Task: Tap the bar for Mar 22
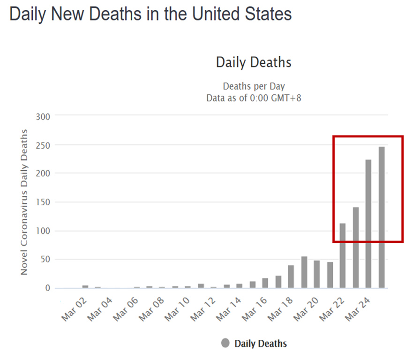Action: pyautogui.click(x=343, y=255)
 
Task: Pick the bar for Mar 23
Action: pyautogui.click(x=356, y=247)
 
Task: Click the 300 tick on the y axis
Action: pyautogui.click(x=43, y=115)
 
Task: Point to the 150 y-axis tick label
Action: pyautogui.click(x=43, y=202)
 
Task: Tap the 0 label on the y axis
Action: pyautogui.click(x=47, y=288)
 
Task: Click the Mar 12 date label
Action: pyautogui.click(x=203, y=310)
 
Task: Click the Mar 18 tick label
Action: pyautogui.click(x=280, y=310)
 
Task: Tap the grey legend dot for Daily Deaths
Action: pyautogui.click(x=225, y=344)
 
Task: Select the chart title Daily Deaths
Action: pyautogui.click(x=254, y=62)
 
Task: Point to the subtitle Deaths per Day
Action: pyautogui.click(x=254, y=86)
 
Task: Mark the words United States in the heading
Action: pyautogui.click(x=241, y=14)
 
